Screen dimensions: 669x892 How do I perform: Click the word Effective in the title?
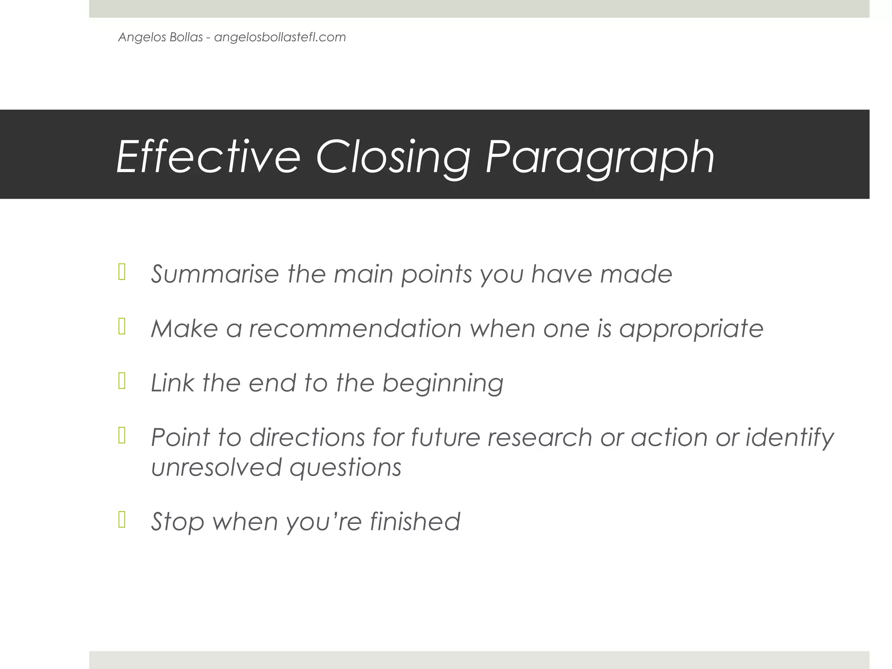click(208, 156)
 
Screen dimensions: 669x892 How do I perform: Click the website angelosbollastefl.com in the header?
click(280, 37)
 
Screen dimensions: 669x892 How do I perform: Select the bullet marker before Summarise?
click(122, 272)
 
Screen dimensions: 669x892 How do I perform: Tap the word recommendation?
click(355, 328)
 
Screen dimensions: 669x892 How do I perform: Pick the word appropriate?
click(691, 329)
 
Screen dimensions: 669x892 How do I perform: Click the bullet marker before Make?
click(122, 327)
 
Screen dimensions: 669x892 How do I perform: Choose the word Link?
click(172, 383)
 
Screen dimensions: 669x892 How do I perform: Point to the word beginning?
click(443, 384)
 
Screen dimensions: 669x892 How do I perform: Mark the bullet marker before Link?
click(122, 381)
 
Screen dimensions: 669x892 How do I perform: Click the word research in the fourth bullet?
click(540, 437)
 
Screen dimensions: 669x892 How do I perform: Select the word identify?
click(790, 437)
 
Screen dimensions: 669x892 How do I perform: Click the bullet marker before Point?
click(122, 436)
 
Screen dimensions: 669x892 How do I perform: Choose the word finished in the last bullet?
click(415, 521)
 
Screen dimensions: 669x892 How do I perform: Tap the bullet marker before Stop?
click(122, 520)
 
